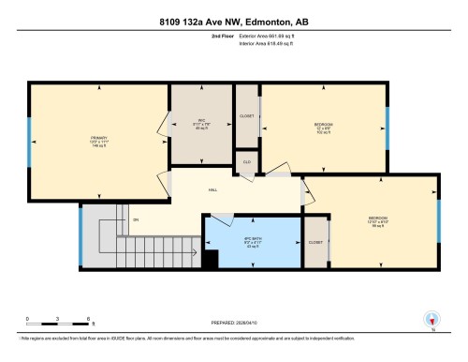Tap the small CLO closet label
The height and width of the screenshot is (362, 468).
[246, 161]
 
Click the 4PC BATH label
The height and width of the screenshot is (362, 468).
[251, 239]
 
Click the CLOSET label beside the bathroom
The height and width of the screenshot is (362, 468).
[315, 242]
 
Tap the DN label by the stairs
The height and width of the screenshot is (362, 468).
[136, 220]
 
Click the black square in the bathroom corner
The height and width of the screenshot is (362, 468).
[212, 259]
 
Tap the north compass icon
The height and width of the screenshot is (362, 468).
[431, 320]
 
